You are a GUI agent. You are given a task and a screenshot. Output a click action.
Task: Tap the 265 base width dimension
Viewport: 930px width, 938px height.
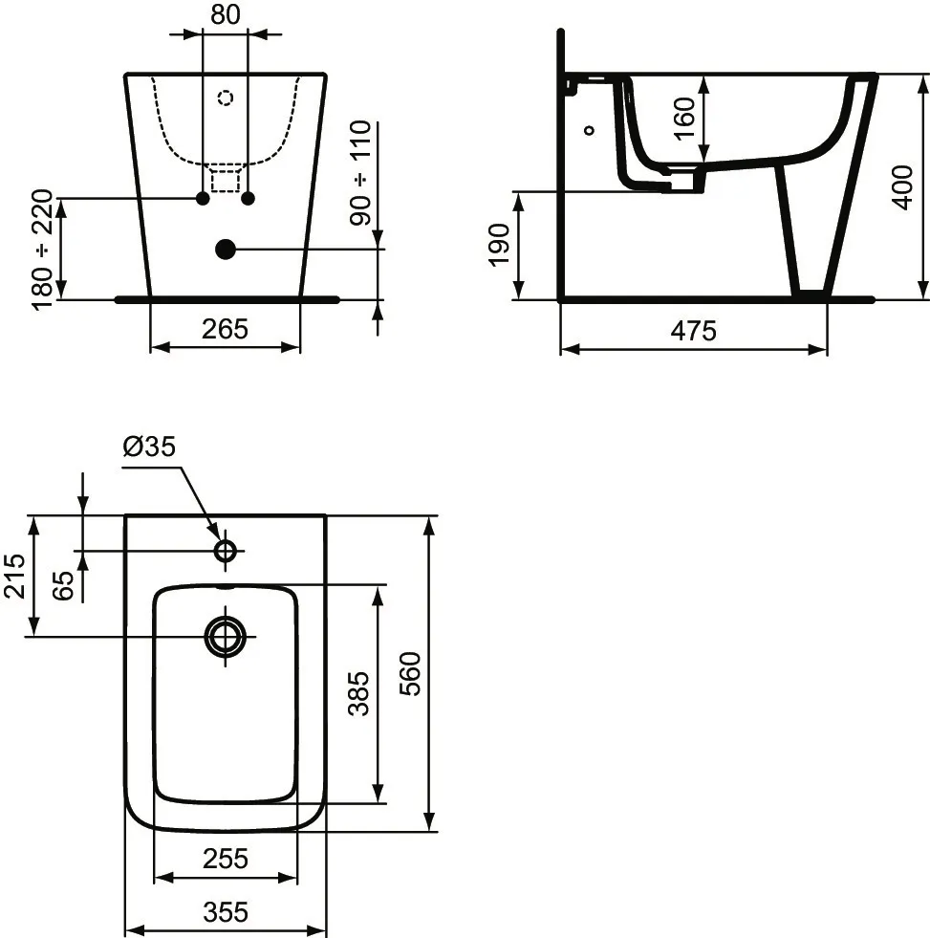point(225,328)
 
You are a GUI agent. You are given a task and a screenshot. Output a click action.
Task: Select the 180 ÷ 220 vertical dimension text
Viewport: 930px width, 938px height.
point(43,251)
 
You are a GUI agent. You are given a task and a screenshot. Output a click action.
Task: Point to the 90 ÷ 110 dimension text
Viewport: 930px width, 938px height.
point(361,173)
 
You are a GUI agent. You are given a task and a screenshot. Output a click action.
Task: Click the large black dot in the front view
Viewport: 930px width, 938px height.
point(226,250)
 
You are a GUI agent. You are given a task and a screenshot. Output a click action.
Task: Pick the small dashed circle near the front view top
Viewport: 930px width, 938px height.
point(226,98)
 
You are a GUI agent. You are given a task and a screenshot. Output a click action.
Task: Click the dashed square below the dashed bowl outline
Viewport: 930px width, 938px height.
point(226,178)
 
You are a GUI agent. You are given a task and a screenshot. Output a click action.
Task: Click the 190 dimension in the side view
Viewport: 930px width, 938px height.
point(499,246)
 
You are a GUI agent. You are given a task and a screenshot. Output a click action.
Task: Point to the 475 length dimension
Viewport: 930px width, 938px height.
point(693,331)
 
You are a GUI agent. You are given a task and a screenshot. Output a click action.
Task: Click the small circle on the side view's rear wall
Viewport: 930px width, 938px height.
point(589,129)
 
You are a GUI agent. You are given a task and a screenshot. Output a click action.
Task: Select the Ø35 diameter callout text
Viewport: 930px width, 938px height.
point(150,447)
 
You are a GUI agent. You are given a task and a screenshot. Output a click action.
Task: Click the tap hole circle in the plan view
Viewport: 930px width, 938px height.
point(227,551)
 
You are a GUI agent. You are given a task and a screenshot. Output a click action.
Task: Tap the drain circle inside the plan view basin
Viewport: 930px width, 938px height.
point(226,635)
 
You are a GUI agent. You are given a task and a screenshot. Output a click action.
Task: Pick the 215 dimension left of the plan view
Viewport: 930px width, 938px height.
point(14,576)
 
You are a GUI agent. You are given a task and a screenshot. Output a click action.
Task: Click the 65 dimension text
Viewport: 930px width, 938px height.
point(63,583)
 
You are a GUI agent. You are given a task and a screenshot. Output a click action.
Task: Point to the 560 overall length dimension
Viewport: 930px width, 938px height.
point(410,674)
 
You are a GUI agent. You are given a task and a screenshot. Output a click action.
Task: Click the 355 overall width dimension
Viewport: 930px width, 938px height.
point(225,912)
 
